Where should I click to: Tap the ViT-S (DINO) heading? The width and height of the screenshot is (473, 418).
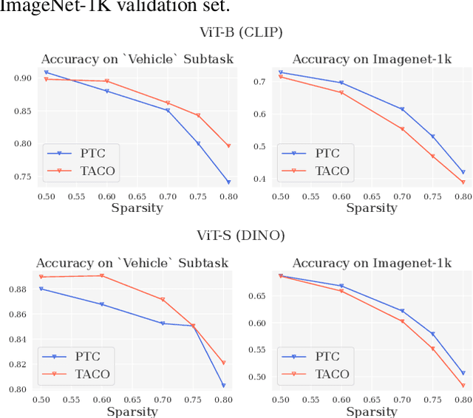pos(237,236)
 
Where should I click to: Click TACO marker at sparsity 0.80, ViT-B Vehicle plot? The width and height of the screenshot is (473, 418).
pos(228,145)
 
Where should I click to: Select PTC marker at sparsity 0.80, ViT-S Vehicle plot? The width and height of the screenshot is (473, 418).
pos(223,385)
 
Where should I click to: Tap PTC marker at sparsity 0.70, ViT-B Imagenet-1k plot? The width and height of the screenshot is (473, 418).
pos(401,109)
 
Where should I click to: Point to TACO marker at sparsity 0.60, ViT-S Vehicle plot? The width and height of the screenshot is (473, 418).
pos(102,275)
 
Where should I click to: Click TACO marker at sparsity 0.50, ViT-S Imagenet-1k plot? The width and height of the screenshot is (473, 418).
pos(280,276)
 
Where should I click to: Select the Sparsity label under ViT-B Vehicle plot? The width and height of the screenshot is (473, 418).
pos(137,208)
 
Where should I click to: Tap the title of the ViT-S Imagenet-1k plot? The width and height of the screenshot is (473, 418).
pos(372,263)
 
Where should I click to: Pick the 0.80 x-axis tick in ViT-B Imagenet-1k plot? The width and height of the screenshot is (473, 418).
pos(463,196)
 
